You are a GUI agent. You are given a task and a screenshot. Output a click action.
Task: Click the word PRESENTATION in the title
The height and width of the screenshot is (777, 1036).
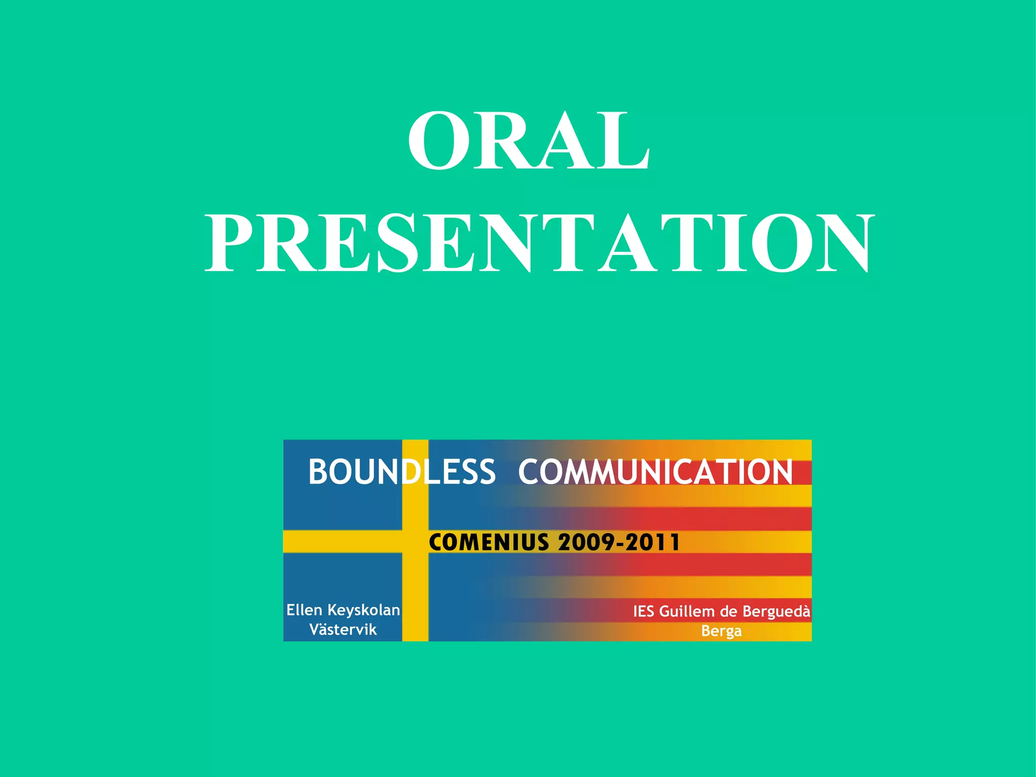[540, 243]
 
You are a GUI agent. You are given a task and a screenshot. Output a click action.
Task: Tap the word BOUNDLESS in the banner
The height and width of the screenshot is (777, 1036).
[402, 472]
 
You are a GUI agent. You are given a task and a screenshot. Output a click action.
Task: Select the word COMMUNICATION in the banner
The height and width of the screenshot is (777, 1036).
[655, 472]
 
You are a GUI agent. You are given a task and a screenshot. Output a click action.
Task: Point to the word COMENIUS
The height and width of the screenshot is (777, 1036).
[489, 542]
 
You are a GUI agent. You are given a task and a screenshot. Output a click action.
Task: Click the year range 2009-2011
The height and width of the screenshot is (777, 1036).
[619, 542]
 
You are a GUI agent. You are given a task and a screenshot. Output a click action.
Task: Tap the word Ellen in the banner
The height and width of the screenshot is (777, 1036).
[304, 610]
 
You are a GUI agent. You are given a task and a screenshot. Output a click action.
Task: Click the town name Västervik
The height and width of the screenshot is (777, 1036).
[343, 630]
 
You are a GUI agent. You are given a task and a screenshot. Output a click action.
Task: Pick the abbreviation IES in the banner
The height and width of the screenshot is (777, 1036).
[644, 612]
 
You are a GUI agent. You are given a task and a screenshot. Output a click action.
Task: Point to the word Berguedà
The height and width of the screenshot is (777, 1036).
[776, 612]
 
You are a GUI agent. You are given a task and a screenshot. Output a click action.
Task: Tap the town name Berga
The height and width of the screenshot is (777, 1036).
[721, 631]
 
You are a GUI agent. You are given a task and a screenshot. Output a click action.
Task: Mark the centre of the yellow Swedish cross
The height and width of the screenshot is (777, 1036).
[415, 542]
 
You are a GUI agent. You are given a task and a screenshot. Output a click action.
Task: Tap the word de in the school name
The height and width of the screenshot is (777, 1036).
[728, 612]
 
